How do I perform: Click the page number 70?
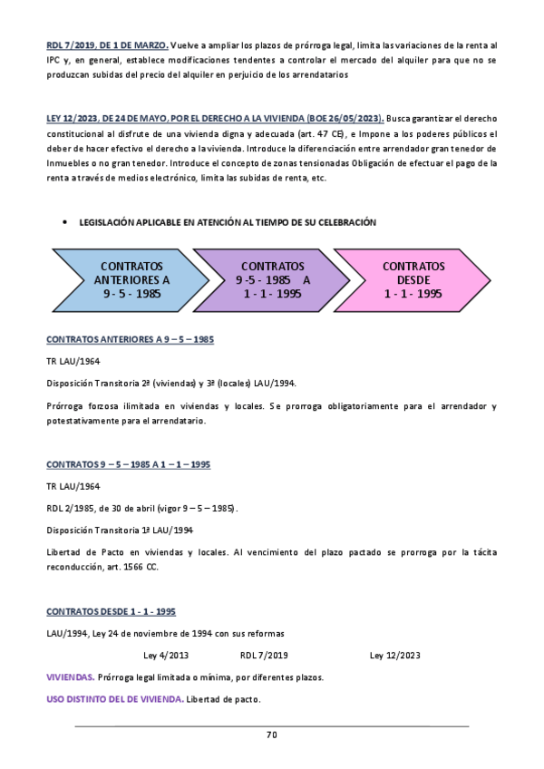271,735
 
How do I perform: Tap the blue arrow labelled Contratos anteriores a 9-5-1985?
131,280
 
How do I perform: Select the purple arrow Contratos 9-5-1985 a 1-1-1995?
272,280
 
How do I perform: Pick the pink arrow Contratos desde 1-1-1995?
413,280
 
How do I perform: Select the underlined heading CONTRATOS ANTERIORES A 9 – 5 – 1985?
130,339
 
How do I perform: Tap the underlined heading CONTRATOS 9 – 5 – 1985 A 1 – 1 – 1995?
128,464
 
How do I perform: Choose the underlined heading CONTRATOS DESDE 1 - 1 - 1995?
111,611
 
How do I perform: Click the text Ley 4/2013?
167,655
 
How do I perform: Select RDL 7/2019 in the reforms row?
264,655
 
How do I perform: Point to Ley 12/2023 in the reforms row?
394,655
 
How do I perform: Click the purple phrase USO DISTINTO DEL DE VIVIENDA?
114,699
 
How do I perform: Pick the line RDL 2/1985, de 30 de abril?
142,508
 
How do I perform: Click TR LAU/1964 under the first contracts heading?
73,361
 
